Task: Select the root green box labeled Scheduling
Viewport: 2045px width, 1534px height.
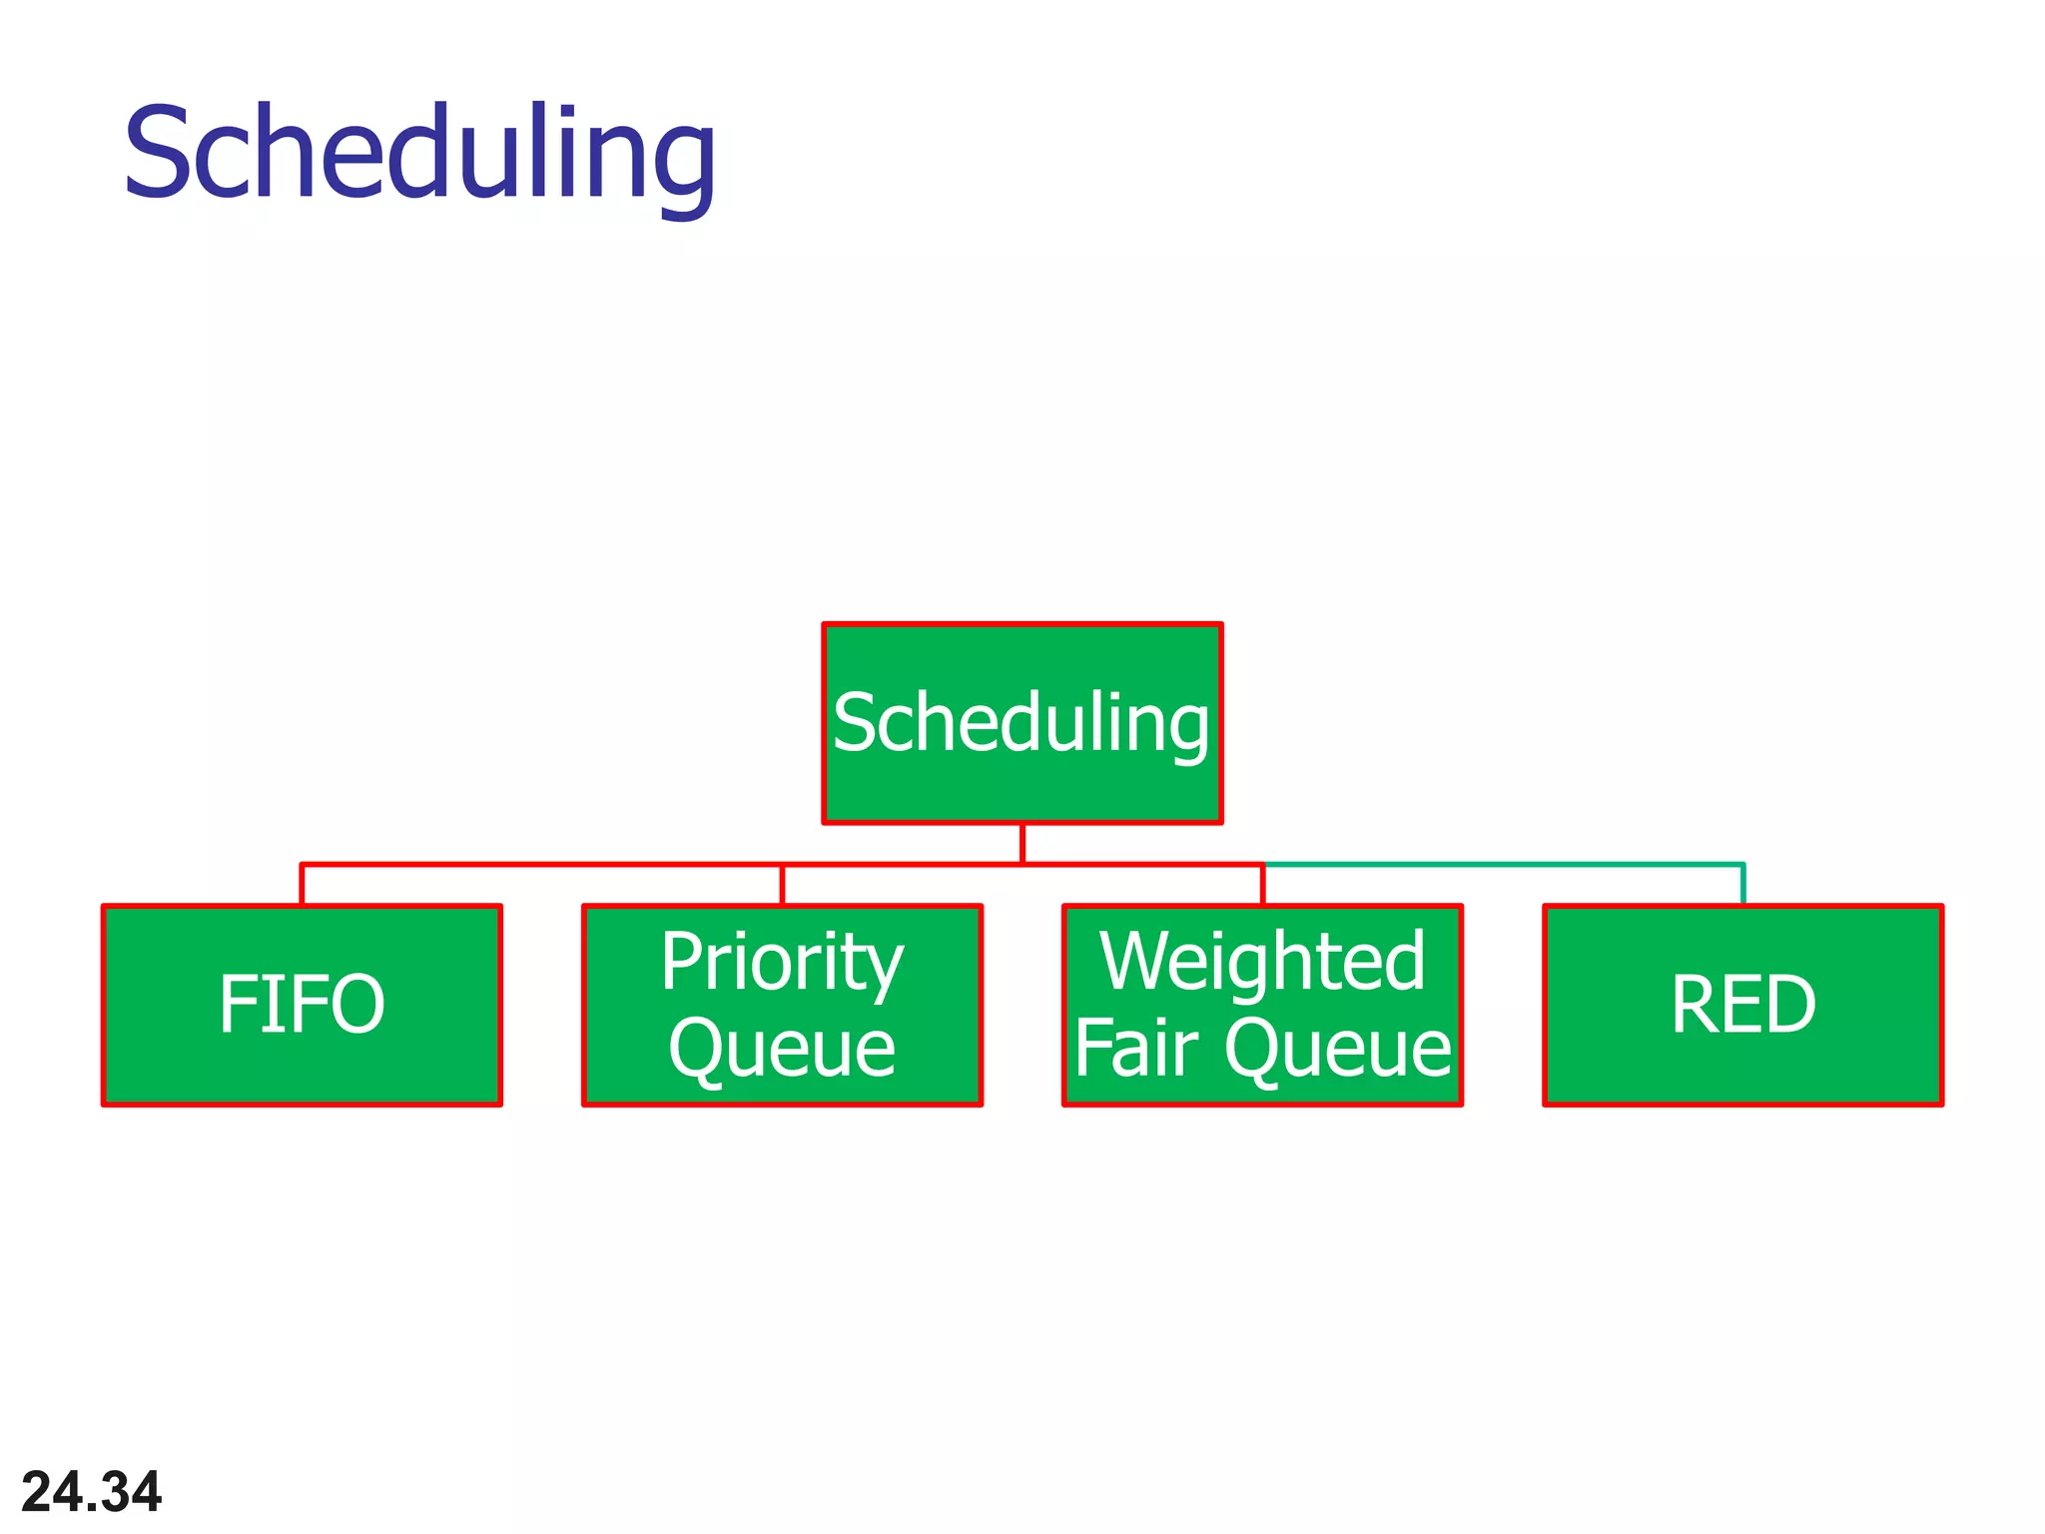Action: (1022, 723)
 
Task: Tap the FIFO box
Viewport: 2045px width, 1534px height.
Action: (302, 1005)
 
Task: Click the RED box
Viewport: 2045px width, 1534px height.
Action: (1742, 1005)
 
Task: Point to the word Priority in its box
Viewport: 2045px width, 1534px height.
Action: (782, 962)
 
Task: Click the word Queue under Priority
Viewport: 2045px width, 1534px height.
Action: (782, 1049)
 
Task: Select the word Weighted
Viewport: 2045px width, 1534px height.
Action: (1262, 962)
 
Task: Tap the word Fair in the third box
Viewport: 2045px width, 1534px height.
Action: (1135, 1049)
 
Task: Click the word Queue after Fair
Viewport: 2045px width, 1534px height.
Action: (1338, 1049)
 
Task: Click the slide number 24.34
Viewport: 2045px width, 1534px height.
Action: (91, 1492)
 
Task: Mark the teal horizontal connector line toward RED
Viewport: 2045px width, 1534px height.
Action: (1503, 864)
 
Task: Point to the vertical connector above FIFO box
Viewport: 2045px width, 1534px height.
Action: (302, 885)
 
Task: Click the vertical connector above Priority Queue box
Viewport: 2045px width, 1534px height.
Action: (782, 885)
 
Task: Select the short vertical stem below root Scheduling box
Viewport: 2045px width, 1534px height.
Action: (1022, 844)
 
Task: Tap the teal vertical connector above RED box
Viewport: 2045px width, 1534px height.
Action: (1742, 885)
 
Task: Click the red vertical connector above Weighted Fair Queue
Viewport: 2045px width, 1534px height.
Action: (1263, 885)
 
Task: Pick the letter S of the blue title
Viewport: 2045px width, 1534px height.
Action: (160, 152)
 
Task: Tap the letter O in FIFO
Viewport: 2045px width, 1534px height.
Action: (354, 1005)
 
